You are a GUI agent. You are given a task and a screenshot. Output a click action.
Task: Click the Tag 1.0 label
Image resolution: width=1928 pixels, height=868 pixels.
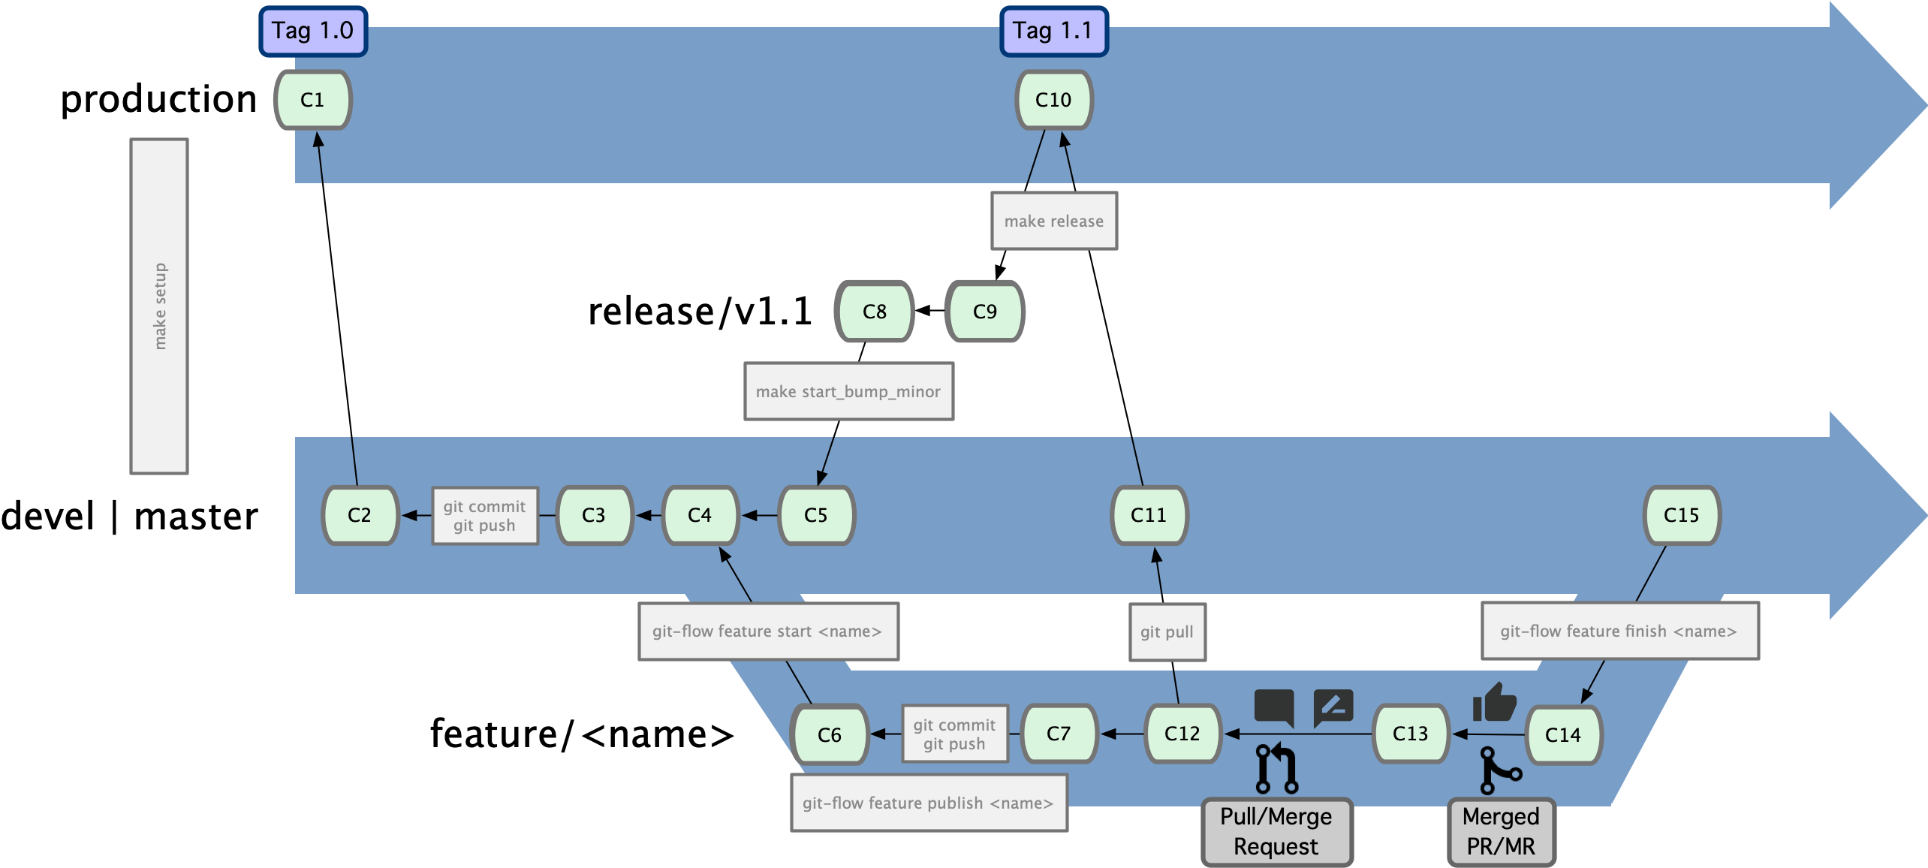click(x=313, y=32)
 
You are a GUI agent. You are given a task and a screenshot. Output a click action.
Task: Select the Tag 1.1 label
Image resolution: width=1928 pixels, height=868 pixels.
click(x=1053, y=32)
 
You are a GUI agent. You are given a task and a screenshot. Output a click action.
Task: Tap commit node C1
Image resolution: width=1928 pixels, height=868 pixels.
click(x=312, y=100)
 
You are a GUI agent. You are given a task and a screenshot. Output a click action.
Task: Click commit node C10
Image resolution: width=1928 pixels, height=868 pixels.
click(x=1053, y=100)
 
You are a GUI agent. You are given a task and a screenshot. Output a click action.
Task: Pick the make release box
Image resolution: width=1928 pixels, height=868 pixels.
click(x=1053, y=221)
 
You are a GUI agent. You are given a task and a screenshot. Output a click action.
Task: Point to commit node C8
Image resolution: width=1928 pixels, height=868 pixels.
click(x=874, y=312)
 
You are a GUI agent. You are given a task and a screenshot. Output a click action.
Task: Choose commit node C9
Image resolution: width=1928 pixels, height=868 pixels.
click(x=984, y=312)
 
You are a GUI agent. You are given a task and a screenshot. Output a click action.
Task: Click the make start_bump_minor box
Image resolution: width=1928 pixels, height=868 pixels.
click(x=848, y=391)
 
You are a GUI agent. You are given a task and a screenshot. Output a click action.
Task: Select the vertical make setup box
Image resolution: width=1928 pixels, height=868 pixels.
click(x=159, y=306)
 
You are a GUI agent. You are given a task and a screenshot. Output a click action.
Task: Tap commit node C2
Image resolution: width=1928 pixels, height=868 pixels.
click(x=360, y=515)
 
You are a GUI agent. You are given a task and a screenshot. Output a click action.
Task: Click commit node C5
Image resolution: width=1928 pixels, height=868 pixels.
click(x=816, y=515)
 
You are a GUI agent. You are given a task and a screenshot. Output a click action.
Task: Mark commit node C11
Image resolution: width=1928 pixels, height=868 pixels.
click(x=1149, y=515)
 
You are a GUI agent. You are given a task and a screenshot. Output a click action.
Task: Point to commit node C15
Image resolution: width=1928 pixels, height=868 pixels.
click(x=1681, y=515)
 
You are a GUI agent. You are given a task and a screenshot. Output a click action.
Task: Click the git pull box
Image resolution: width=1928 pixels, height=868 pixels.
click(x=1167, y=631)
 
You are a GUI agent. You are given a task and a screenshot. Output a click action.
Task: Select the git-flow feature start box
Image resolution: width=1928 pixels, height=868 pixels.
click(x=767, y=631)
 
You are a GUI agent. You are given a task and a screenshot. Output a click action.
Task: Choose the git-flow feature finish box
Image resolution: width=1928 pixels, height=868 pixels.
click(x=1619, y=631)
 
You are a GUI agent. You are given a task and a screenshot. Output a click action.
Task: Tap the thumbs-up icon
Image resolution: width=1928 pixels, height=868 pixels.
click(x=1494, y=702)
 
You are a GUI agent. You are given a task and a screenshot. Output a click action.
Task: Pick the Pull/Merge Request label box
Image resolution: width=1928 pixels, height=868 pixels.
click(x=1276, y=831)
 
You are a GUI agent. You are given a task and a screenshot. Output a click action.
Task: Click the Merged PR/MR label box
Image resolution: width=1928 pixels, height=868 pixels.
click(x=1501, y=831)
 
